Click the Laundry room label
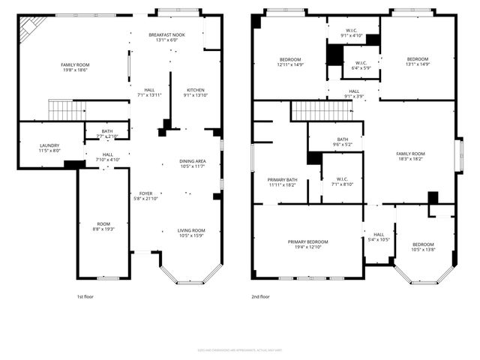pos(50,145)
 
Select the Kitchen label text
pos(196,89)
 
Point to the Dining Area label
pos(192,161)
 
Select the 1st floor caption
pos(85,296)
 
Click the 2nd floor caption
pos(260,296)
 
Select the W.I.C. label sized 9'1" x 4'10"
pos(351,31)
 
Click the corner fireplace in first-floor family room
pos(28,28)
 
